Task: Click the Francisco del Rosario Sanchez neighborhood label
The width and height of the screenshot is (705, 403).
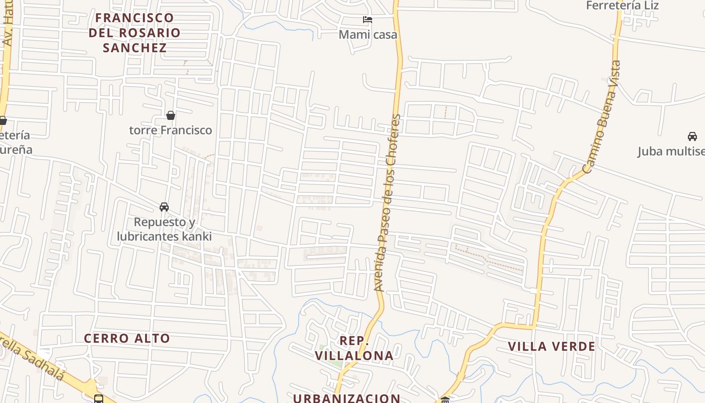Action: [134, 33]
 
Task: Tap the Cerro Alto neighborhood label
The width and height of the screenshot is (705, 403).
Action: [127, 338]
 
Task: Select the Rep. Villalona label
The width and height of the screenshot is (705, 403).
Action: [354, 348]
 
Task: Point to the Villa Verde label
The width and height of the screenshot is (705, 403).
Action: [551, 347]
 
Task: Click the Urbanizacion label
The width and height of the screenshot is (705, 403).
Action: [347, 398]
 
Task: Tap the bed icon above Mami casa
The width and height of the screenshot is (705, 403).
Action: [368, 20]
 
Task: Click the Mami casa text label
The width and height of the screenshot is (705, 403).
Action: [368, 35]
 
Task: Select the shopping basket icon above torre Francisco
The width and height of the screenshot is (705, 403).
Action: [171, 116]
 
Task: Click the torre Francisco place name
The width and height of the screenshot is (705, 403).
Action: [171, 130]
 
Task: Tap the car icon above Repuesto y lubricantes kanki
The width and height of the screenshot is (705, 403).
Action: [164, 207]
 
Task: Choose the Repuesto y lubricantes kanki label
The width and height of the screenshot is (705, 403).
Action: [164, 229]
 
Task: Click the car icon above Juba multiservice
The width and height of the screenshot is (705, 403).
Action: [692, 137]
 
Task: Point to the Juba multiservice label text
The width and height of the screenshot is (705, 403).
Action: [671, 151]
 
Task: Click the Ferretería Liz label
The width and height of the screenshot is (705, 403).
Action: [622, 6]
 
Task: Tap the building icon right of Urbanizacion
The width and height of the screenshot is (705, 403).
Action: [445, 400]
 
